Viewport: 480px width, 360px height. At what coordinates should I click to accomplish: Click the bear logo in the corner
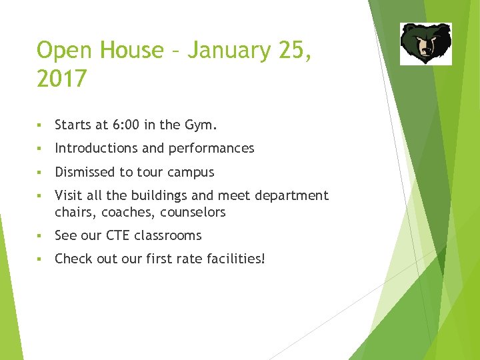pyautogui.click(x=425, y=43)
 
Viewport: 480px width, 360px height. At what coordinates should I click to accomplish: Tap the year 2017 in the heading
pyautogui.click(x=61, y=79)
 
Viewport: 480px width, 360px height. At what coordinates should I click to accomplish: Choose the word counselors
pyautogui.click(x=193, y=212)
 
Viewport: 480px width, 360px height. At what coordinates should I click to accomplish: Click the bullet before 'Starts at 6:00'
pyautogui.click(x=41, y=125)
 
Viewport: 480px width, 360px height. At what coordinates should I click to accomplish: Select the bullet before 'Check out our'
pyautogui.click(x=41, y=259)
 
